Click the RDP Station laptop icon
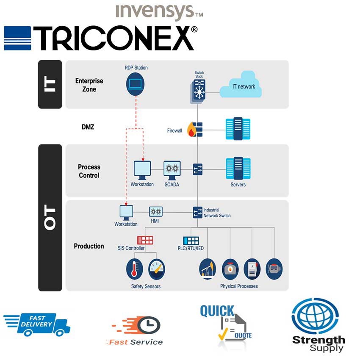[x=135, y=84]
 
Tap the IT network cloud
[x=241, y=85]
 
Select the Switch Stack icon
[x=198, y=91]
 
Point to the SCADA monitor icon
[x=172, y=170]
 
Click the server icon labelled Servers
[x=238, y=168]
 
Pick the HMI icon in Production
[x=156, y=212]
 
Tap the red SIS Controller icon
[x=145, y=240]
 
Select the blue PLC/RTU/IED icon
[x=191, y=241]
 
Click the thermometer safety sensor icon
[x=135, y=269]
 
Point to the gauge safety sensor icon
[x=157, y=269]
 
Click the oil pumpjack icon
[x=208, y=269]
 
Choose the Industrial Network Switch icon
[x=197, y=212]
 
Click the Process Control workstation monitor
[x=142, y=170]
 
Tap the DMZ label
[x=88, y=127]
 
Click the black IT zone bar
[x=50, y=84]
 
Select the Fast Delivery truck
[x=37, y=324]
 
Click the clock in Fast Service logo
[x=149, y=325]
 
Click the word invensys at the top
[x=155, y=11]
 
